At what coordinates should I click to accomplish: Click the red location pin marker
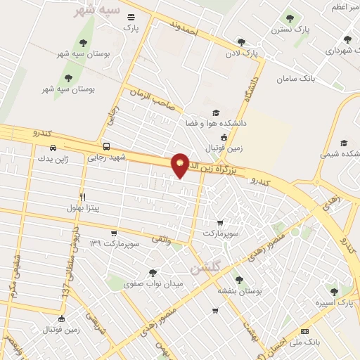[x=180, y=165]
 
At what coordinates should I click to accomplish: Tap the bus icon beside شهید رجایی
[x=106, y=147]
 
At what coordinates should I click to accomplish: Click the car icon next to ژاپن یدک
[x=53, y=148]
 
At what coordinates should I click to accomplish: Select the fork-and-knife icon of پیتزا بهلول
[x=83, y=197]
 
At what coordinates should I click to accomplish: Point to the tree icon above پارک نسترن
[x=290, y=18]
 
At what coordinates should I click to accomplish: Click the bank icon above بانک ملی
[x=304, y=330]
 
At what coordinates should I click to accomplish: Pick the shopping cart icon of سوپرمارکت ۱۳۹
[x=114, y=233]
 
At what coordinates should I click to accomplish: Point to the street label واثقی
[x=160, y=240]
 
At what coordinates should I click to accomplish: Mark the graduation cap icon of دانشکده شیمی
[x=344, y=143]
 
